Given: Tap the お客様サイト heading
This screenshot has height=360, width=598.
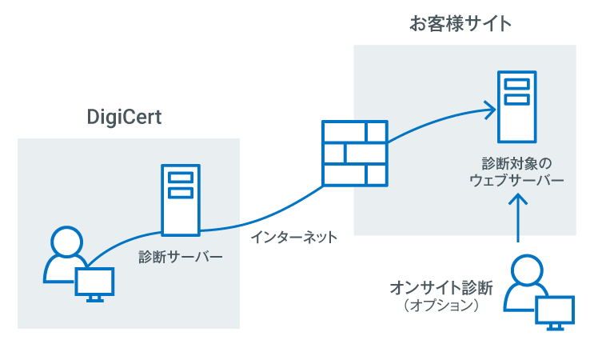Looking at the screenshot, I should click(460, 24).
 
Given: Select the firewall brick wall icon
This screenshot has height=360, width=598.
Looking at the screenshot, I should click(354, 152).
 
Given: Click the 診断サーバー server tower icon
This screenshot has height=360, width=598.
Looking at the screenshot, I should click(181, 199).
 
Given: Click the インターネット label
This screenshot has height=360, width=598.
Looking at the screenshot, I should click(293, 238).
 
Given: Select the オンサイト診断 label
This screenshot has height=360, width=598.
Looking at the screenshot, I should click(441, 286).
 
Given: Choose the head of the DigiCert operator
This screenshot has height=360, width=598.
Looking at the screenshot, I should click(64, 240).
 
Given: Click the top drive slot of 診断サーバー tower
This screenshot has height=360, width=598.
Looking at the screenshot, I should click(181, 178).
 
